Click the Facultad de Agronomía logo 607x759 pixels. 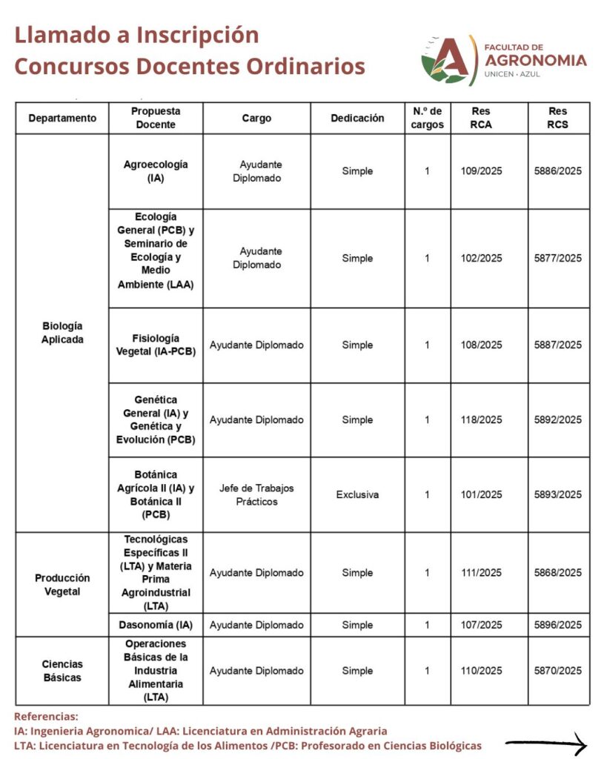[504, 59]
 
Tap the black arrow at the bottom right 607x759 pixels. [546, 744]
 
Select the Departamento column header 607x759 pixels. [62, 118]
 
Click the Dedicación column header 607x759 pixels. [357, 118]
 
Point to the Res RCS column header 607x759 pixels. [558, 118]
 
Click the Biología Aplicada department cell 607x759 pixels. [62, 332]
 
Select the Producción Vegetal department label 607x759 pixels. [62, 584]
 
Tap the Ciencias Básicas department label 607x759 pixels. [62, 671]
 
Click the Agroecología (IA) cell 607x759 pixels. [156, 171]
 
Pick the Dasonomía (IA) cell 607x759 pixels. [156, 625]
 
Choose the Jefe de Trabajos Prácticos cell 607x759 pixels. [256, 494]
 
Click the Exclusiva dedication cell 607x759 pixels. [357, 494]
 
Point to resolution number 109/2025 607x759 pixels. [481, 171]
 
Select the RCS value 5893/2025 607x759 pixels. [558, 494]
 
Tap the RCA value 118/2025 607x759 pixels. [481, 420]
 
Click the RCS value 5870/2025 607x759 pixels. [558, 671]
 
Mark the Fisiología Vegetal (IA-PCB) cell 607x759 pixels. [156, 345]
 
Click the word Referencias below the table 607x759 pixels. [46, 717]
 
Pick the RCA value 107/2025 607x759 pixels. [481, 625]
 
